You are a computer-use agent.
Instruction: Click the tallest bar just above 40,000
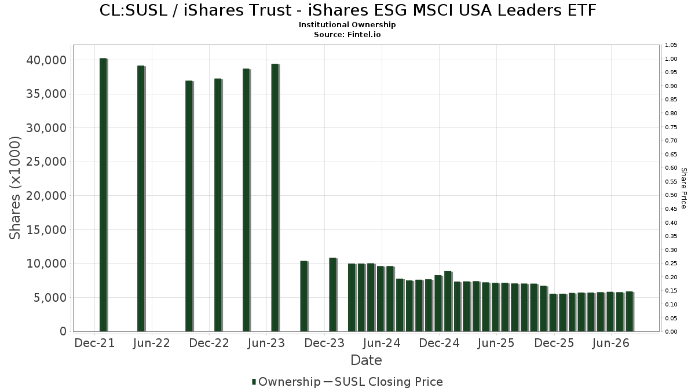(103, 195)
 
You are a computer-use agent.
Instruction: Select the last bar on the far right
(630, 312)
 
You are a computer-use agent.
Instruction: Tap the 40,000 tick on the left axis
(46, 60)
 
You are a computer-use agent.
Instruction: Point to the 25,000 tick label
(46, 162)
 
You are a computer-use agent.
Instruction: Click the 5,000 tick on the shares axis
(50, 298)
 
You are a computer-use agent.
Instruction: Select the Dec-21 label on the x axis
(94, 343)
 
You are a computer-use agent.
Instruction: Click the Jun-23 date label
(266, 343)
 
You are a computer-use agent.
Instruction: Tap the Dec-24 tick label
(439, 343)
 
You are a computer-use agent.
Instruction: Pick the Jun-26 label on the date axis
(610, 343)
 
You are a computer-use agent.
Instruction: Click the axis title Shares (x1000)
(14, 188)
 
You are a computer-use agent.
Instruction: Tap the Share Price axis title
(683, 188)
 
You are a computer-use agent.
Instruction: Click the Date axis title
(366, 360)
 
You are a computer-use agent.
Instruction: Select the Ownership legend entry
(286, 382)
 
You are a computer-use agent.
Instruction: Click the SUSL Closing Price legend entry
(383, 382)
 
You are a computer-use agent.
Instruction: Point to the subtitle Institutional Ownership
(347, 25)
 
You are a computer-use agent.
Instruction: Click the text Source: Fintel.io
(347, 34)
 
